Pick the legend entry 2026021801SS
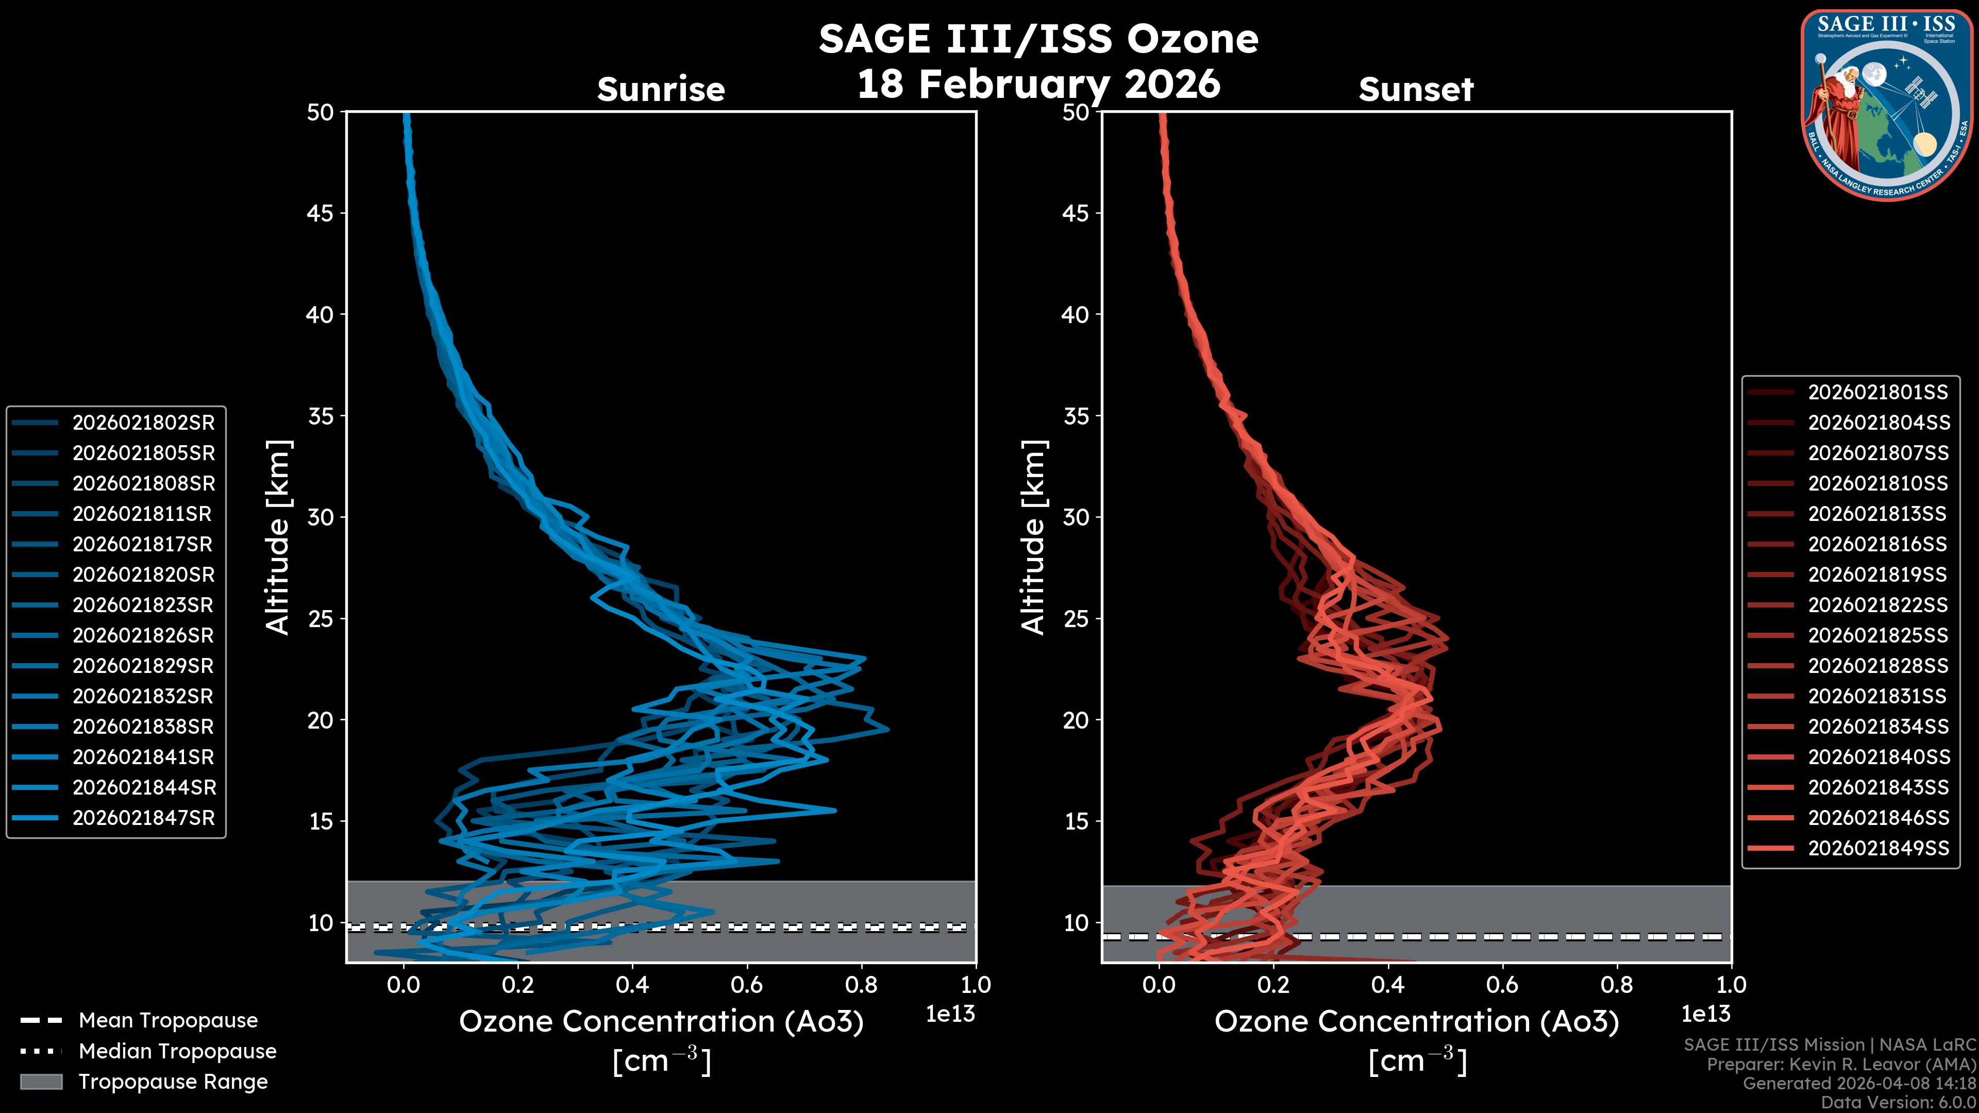1877,393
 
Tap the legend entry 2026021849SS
1877,848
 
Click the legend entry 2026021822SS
1877,605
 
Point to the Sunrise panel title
661,89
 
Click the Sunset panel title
1416,89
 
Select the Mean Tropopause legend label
168,1020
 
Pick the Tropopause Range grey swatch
41,1082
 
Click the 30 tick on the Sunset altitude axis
1076,517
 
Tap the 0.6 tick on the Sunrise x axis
747,985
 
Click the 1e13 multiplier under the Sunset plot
1705,1014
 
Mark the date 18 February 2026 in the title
1038,83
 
